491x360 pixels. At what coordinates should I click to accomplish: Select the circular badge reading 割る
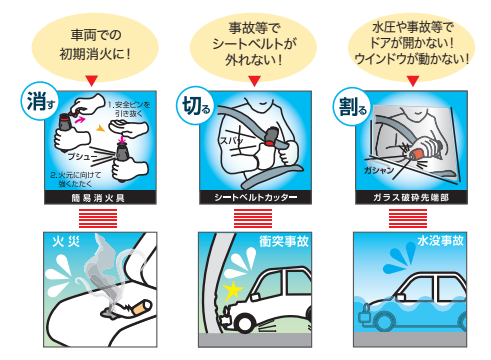(x=352, y=106)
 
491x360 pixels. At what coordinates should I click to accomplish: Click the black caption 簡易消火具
(x=100, y=198)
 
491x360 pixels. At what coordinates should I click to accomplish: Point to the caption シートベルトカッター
(x=256, y=198)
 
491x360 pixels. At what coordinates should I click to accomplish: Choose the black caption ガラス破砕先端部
(x=411, y=198)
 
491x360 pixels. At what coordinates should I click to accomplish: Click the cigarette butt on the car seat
(x=141, y=308)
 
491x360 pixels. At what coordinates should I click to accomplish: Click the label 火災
(x=66, y=241)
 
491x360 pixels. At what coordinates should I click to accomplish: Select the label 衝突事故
(x=284, y=241)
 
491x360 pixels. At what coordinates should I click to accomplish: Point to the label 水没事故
(x=440, y=241)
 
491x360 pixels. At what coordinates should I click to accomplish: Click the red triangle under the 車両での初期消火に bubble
(x=91, y=81)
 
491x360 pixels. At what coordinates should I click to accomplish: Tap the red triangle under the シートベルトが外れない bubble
(x=254, y=81)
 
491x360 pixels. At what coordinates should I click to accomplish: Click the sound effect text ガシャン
(x=379, y=170)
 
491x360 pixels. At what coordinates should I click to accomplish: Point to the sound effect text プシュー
(x=82, y=156)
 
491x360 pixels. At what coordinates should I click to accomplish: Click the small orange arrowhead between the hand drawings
(x=100, y=128)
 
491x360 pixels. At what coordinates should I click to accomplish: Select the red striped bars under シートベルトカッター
(x=253, y=218)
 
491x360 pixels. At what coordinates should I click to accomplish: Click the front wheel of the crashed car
(x=244, y=323)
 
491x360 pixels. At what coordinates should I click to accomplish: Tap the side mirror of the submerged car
(x=401, y=297)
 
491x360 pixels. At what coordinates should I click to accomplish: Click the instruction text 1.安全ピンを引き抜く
(x=129, y=109)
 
